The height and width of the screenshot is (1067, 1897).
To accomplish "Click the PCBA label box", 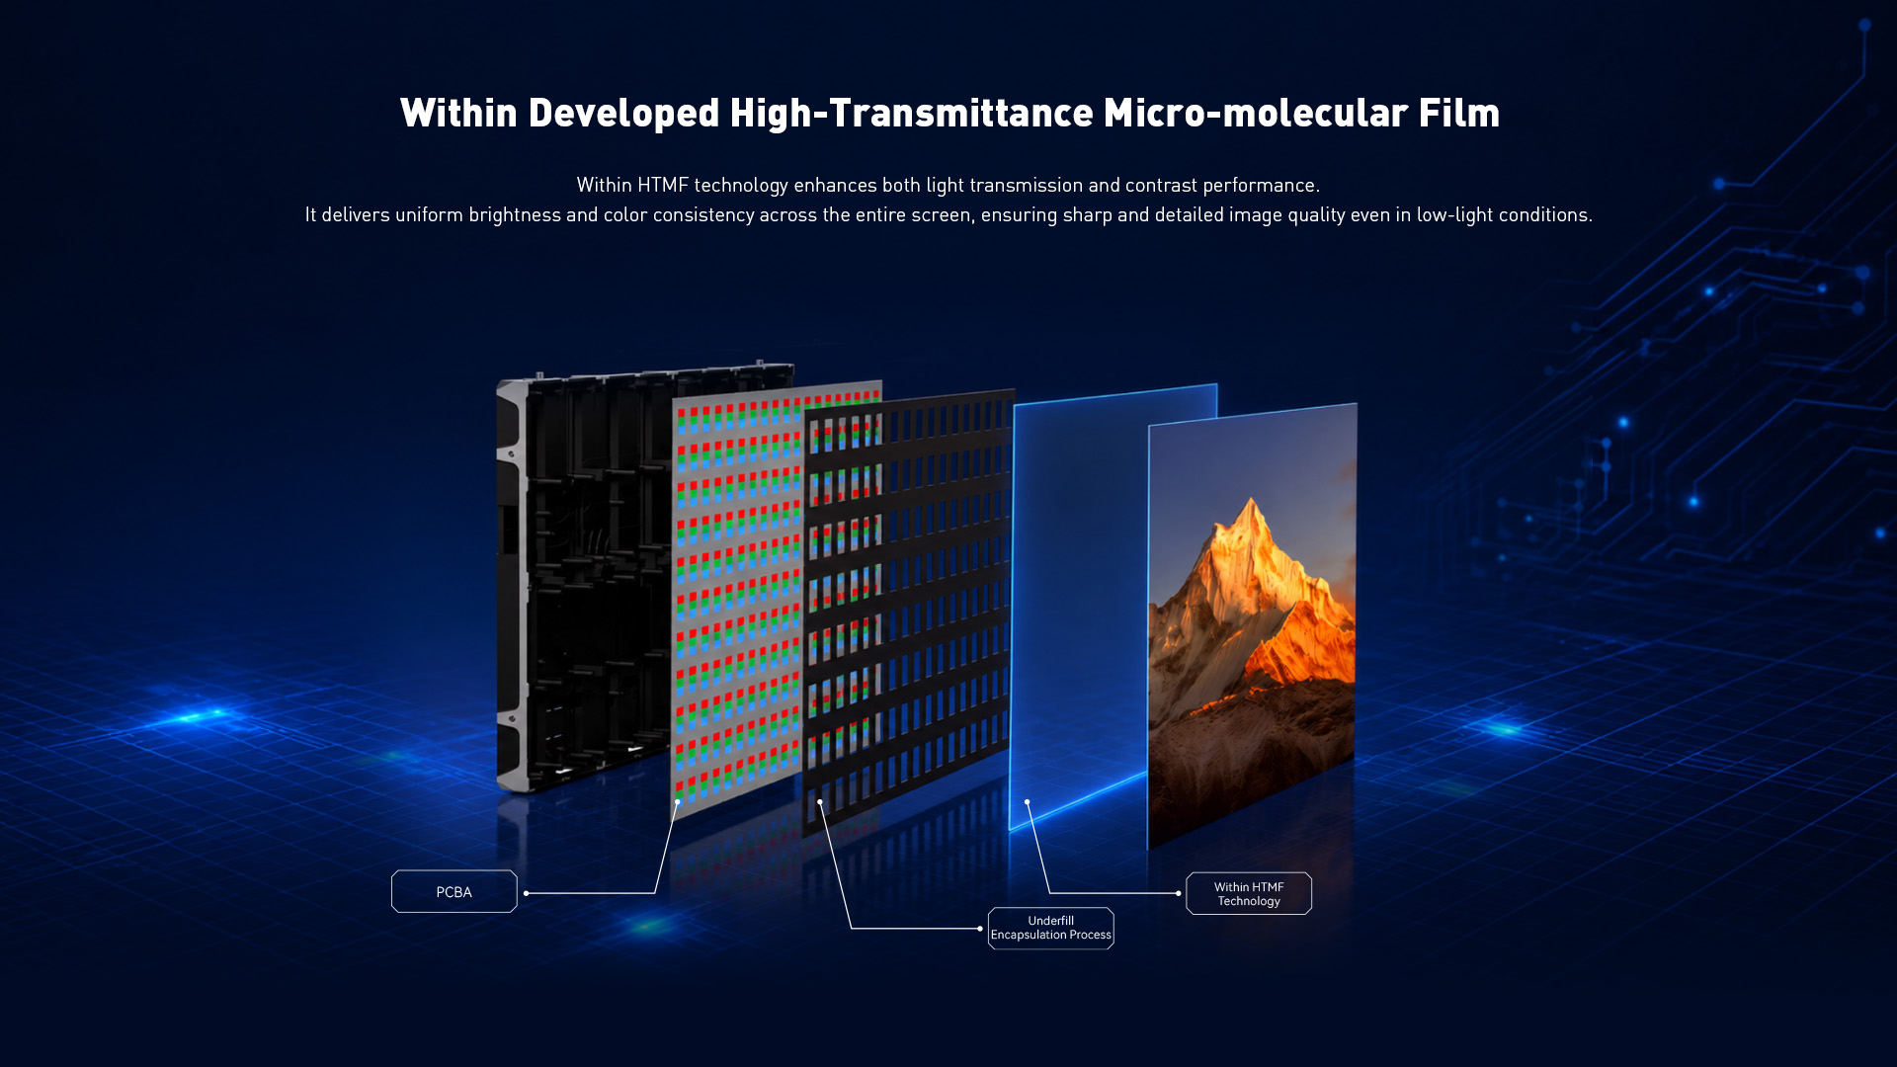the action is coord(454,891).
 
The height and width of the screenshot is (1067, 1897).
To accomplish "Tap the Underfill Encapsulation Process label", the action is coord(1050,928).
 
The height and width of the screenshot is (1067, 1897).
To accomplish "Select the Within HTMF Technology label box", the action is coord(1249,893).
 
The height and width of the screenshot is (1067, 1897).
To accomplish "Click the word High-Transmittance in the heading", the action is coord(911,114).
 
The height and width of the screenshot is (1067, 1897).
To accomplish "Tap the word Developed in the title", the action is coord(623,114).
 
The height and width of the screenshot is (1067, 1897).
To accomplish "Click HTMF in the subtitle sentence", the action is coord(662,185).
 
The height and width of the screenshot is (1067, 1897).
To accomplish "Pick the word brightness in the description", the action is coord(515,214).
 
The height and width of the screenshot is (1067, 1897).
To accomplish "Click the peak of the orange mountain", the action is coord(1253,499).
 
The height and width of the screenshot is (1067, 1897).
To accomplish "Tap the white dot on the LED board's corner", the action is coord(677,802).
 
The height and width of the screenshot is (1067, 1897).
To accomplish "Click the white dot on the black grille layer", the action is coord(820,802).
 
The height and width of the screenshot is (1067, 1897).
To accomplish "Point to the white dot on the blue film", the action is coord(1028,802).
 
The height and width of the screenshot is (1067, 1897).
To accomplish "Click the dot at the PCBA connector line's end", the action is coord(527,893).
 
